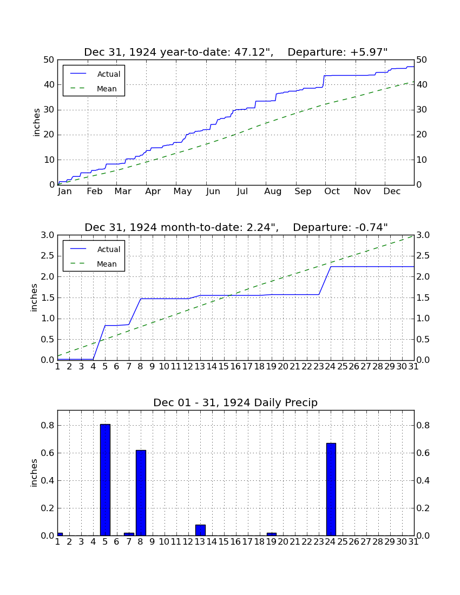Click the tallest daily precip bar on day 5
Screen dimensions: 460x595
[x=105, y=480]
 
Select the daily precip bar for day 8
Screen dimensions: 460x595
[x=141, y=493]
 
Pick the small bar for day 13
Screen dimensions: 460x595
[x=200, y=530]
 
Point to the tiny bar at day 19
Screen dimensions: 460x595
[x=272, y=534]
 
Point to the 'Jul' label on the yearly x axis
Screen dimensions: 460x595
[x=242, y=191]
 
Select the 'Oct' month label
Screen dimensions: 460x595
[x=332, y=191]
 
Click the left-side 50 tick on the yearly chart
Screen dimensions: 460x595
[x=49, y=60]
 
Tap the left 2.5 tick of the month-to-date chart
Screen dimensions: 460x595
[x=48, y=256]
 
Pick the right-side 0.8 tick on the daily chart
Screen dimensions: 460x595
[x=423, y=425]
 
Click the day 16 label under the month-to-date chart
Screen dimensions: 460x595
[x=235, y=367]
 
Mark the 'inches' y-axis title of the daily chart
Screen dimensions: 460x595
[x=34, y=473]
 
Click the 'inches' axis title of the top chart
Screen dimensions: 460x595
[x=36, y=122]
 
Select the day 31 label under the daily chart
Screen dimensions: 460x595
[x=413, y=542]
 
